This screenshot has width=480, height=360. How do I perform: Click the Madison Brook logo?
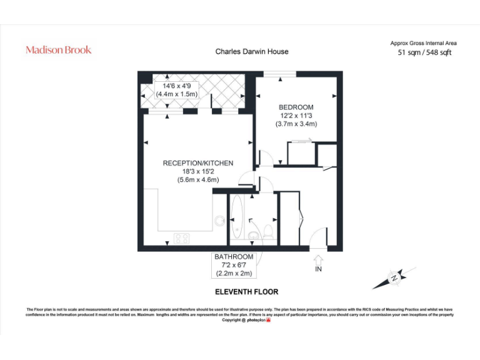[58, 50]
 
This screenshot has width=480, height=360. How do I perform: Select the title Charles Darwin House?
[252, 52]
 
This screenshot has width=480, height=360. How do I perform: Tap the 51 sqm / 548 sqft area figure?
[424, 53]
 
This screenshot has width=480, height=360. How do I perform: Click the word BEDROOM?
[296, 107]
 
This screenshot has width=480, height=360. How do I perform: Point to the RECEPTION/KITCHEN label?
[197, 163]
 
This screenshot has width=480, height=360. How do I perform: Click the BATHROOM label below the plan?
[234, 257]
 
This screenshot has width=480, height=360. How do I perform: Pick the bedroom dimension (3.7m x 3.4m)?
[296, 124]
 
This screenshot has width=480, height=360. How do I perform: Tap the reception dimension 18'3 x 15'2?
[197, 171]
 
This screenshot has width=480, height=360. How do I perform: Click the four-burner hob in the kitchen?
[182, 237]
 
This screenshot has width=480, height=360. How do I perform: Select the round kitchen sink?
[219, 220]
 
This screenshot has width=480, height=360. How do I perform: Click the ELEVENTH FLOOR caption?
[246, 292]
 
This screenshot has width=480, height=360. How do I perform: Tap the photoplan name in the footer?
[256, 320]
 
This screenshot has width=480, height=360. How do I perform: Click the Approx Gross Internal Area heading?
[423, 43]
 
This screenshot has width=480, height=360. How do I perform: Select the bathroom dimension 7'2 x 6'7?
[234, 266]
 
